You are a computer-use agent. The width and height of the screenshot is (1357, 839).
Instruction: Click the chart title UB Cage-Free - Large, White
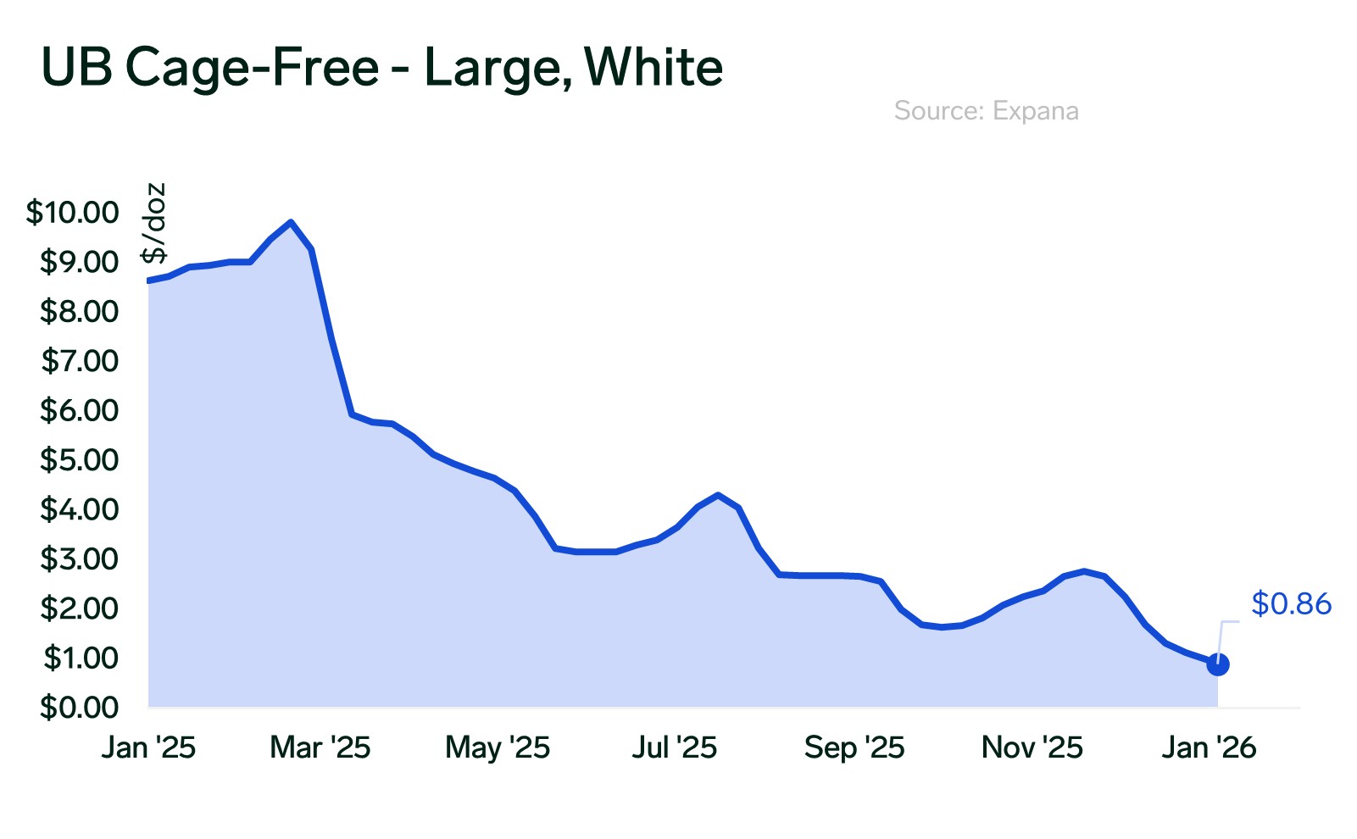click(x=382, y=68)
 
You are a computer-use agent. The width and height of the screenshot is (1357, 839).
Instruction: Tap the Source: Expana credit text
click(x=986, y=111)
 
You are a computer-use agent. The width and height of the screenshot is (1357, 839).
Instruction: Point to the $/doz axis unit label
click(x=154, y=223)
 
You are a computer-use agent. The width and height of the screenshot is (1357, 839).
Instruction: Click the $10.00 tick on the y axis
click(x=73, y=212)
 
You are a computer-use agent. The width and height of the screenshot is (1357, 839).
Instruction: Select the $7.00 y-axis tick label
click(x=80, y=361)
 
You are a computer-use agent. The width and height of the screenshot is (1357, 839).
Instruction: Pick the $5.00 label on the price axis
click(x=80, y=460)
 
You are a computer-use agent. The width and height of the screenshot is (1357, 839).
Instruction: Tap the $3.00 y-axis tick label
click(x=80, y=559)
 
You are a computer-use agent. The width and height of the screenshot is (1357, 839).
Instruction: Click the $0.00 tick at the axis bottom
click(x=80, y=707)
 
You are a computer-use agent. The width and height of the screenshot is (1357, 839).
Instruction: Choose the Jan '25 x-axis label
click(x=148, y=747)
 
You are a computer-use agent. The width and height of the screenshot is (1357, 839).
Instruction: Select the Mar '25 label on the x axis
click(x=320, y=747)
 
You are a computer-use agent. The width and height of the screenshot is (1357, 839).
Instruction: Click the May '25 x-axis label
click(x=498, y=747)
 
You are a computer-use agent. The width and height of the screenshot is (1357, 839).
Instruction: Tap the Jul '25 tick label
click(x=675, y=747)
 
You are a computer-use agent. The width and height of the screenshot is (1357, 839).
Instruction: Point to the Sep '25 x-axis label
click(x=854, y=747)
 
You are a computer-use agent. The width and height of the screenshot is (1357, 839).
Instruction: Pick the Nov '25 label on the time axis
click(x=1032, y=747)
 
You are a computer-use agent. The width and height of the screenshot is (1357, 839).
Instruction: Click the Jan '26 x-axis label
click(x=1209, y=747)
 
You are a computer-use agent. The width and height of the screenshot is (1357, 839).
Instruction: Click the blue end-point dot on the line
click(x=1218, y=664)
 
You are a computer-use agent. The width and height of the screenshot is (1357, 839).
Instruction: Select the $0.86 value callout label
click(x=1291, y=603)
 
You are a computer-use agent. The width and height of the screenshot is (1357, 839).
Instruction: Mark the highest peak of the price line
click(x=291, y=222)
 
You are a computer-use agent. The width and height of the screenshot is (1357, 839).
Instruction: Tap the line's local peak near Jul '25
click(x=718, y=495)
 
